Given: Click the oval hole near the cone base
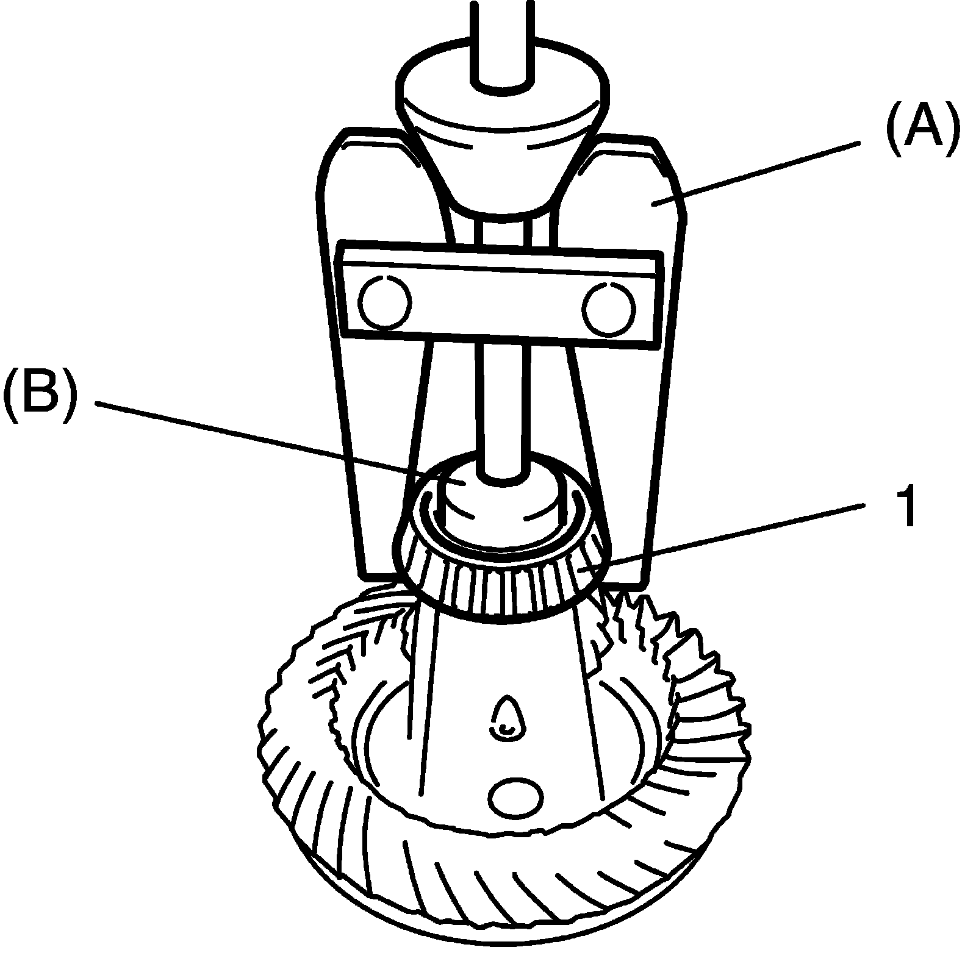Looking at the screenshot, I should [x=516, y=799].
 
